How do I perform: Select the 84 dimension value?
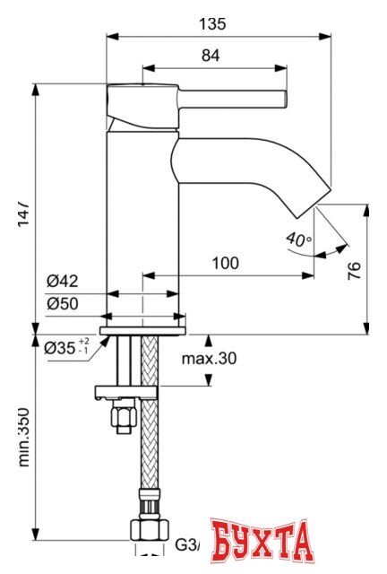pyautogui.click(x=211, y=56)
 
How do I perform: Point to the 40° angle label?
pyautogui.click(x=298, y=239)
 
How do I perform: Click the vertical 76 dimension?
pyautogui.click(x=354, y=270)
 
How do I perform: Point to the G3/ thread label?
pyautogui.click(x=186, y=544)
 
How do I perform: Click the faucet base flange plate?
pyautogui.click(x=143, y=329)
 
